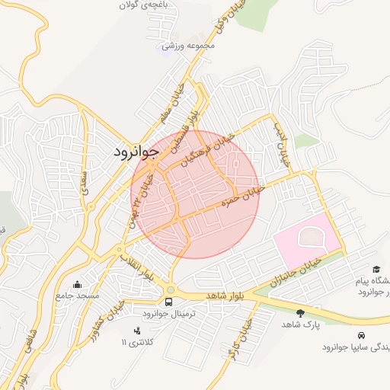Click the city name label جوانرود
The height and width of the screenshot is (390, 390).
pos(136,152)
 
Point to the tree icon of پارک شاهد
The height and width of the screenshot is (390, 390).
pos(300,313)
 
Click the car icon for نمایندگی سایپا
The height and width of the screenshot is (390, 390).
pos(359,335)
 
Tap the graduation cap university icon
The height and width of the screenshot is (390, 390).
pos(376,270)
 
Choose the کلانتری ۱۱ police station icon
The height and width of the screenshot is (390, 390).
pos(137,331)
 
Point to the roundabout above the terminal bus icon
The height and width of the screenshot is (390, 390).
pos(169,289)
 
